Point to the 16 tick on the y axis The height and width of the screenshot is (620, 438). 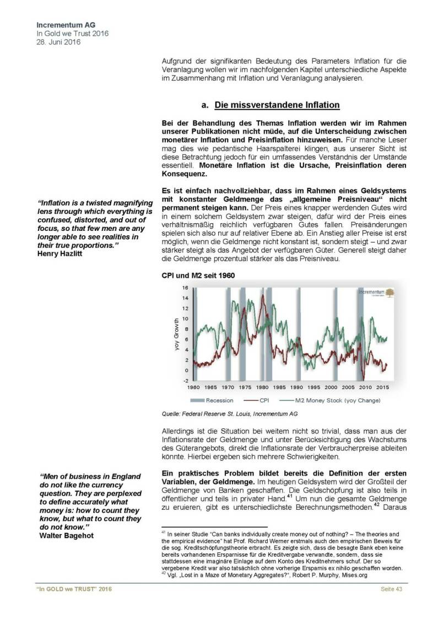186,288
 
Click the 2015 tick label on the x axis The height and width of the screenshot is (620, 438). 382,387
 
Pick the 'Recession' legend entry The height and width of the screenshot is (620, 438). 214,400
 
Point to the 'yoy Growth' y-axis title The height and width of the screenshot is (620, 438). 177,333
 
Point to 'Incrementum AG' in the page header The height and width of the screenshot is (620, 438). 62,25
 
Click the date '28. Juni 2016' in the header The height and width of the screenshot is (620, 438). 58,42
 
